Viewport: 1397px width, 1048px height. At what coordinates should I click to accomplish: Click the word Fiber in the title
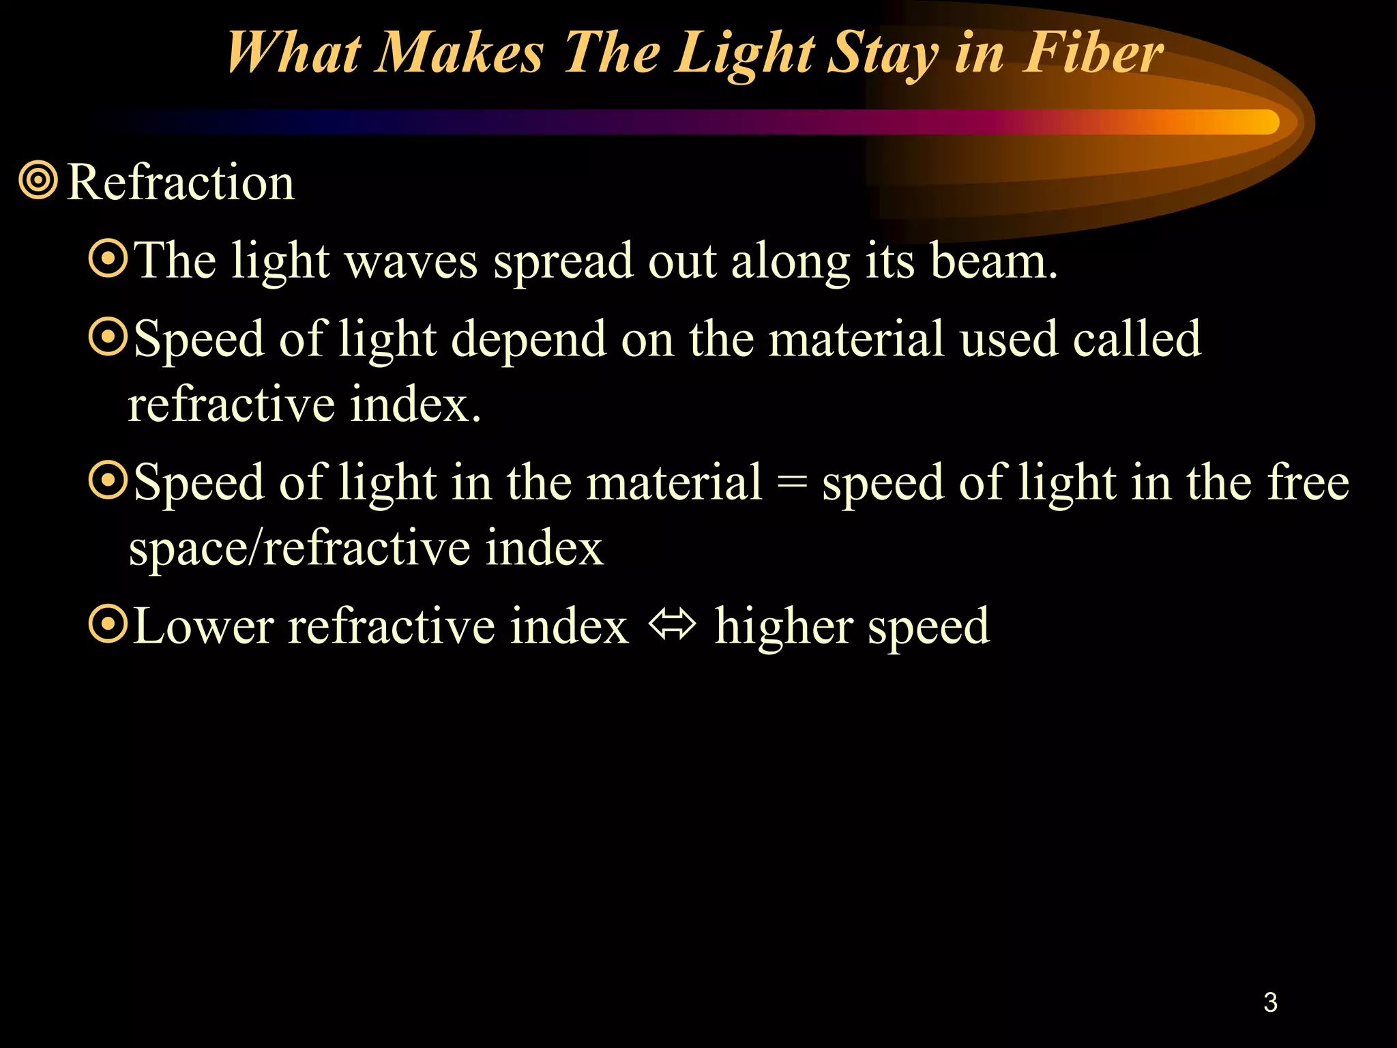[x=1093, y=53]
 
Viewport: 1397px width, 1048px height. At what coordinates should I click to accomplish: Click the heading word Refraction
[x=181, y=183]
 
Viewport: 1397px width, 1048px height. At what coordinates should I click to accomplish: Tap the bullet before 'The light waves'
[x=108, y=259]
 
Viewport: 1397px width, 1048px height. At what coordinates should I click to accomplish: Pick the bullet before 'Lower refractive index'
[x=108, y=624]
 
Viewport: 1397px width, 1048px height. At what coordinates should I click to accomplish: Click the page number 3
[x=1270, y=1002]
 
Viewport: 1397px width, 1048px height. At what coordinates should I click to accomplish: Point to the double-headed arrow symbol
[x=672, y=624]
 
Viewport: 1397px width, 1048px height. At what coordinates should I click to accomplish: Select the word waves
[x=411, y=262]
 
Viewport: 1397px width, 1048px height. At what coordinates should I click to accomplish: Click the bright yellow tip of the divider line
[x=1262, y=122]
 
